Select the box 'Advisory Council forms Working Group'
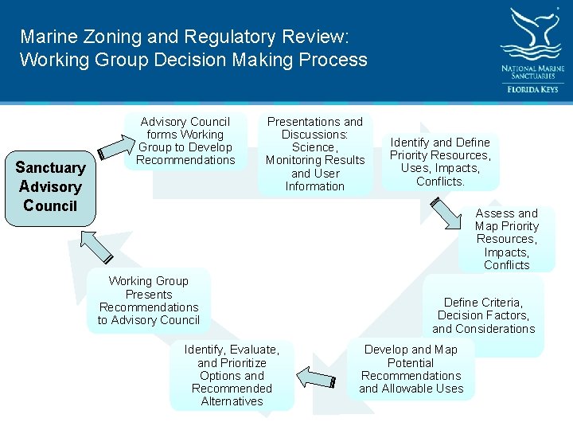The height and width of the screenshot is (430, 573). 185,141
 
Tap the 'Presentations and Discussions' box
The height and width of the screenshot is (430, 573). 314,154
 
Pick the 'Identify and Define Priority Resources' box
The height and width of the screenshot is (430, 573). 440,162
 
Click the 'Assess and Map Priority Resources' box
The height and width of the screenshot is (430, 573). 506,239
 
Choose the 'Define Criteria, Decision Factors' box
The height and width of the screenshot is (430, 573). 483,315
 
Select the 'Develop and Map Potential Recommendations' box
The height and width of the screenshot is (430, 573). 411,369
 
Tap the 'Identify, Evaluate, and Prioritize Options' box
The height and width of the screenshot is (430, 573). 232,376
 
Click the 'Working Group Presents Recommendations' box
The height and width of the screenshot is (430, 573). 149,301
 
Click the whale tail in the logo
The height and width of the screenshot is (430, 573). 532,32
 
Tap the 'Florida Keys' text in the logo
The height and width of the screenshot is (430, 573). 532,89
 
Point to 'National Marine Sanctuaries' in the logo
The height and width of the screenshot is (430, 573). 532,73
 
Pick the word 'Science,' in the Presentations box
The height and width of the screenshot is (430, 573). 314,147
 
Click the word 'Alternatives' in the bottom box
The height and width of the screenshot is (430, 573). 232,401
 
